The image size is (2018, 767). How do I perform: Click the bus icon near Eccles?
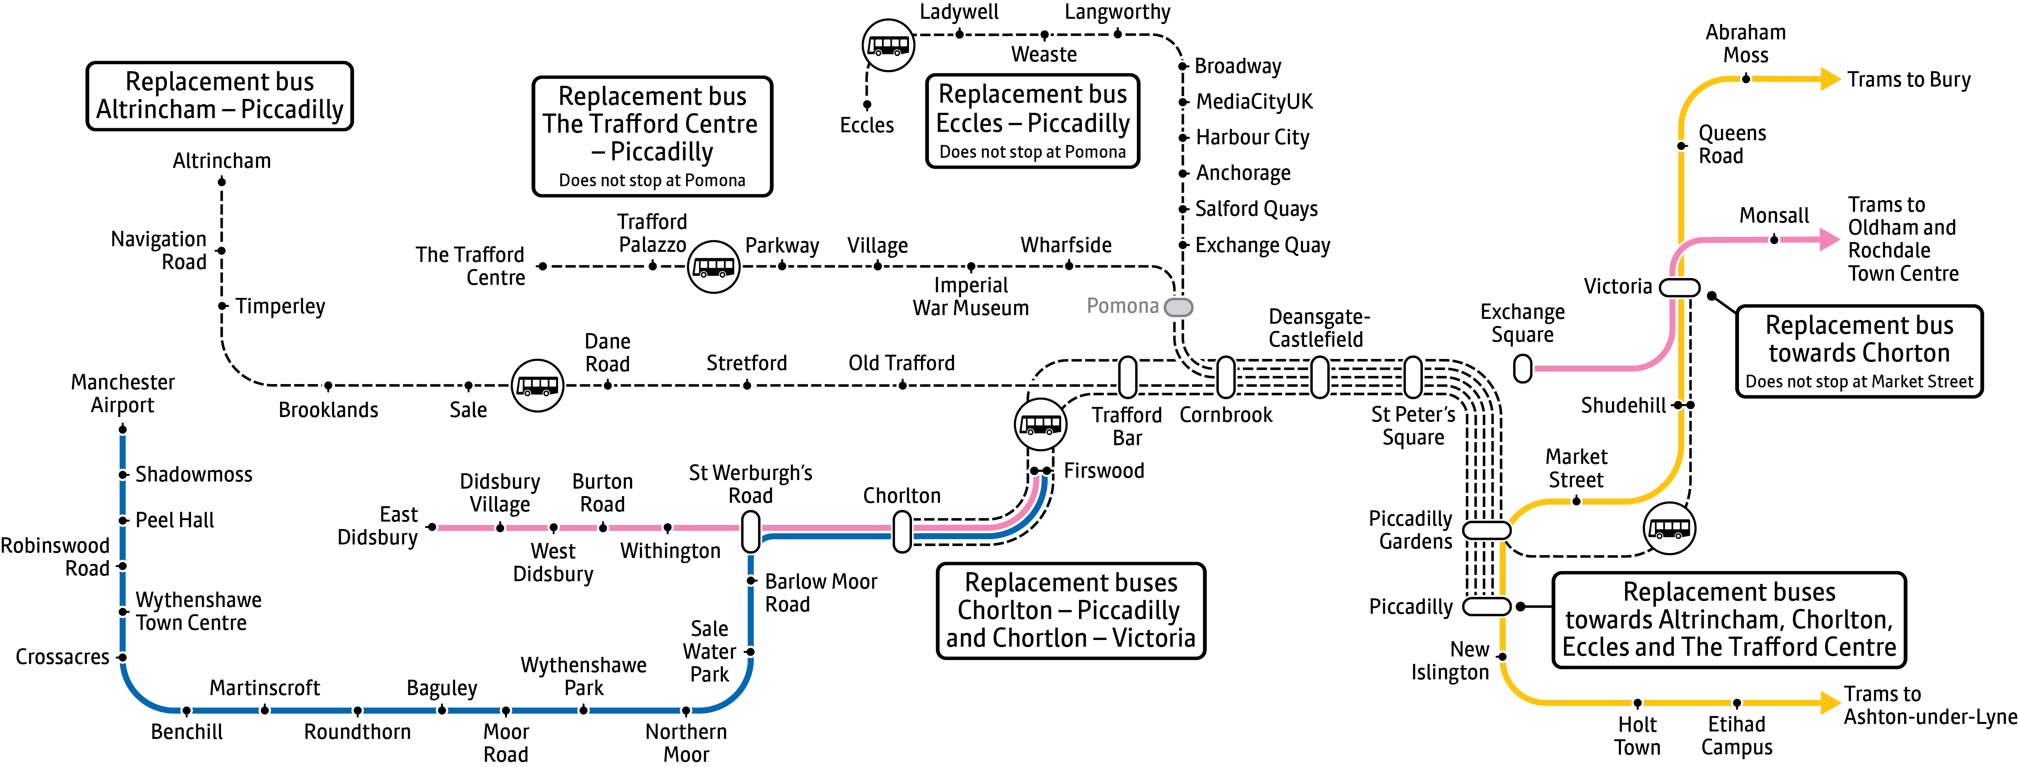click(x=888, y=45)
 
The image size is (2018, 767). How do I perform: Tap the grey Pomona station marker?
click(x=1178, y=307)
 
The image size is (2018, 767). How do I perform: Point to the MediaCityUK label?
click(x=1254, y=102)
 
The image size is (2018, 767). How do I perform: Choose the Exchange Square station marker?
click(x=1522, y=368)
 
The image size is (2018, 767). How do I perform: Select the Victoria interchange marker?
click(x=1679, y=287)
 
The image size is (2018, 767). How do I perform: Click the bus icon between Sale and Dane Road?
click(x=537, y=386)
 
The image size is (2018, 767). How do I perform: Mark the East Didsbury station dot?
click(x=431, y=527)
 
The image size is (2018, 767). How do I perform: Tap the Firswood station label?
click(x=1104, y=471)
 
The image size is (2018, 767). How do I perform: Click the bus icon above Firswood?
click(x=1040, y=424)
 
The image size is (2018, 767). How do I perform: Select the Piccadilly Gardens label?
click(x=1410, y=531)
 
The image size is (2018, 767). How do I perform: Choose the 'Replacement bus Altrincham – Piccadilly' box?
click(x=219, y=96)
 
